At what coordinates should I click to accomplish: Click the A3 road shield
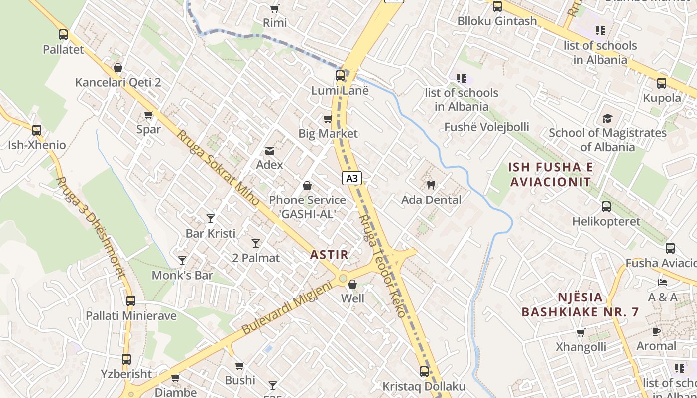[x=351, y=178]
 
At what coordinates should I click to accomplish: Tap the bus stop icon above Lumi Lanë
[x=340, y=76]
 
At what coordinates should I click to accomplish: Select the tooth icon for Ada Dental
[x=431, y=185]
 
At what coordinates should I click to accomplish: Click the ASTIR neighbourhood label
[x=329, y=255]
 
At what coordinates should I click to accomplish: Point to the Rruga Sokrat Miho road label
[x=218, y=168]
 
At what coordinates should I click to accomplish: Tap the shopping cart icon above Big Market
[x=328, y=119]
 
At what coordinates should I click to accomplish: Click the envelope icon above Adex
[x=270, y=150]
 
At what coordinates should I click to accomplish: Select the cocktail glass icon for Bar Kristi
[x=211, y=218]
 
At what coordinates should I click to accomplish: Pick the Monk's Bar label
[x=182, y=275]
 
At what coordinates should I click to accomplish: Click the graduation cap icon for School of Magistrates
[x=607, y=118]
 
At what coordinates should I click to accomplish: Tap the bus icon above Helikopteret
[x=606, y=207]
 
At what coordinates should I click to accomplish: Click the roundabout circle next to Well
[x=343, y=278]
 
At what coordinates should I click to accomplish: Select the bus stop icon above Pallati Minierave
[x=131, y=301]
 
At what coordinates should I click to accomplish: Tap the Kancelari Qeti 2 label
[x=118, y=82]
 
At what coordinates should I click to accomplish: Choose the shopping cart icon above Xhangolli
[x=581, y=332]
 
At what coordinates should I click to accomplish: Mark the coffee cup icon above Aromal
[x=656, y=331]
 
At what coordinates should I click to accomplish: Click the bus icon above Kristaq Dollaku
[x=424, y=372]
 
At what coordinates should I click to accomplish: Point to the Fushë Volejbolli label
[x=486, y=127]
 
